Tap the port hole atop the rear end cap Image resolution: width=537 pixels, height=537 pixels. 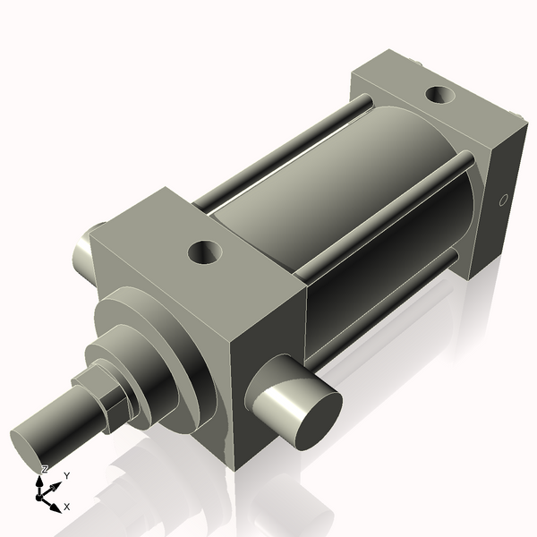tap(439, 93)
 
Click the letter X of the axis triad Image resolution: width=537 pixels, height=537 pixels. tap(67, 507)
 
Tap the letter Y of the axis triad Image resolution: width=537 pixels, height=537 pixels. tap(67, 476)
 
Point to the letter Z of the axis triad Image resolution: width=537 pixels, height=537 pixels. tap(45, 469)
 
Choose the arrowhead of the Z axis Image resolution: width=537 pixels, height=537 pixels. tap(40, 481)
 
